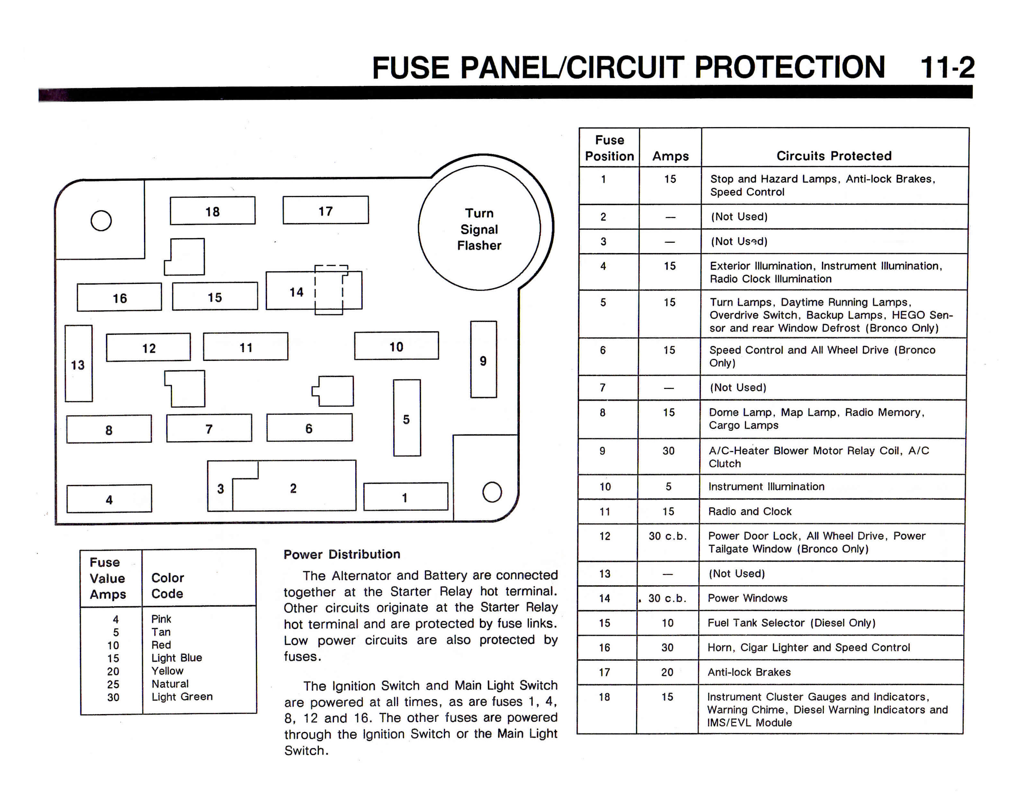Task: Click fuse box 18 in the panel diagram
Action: [x=213, y=211]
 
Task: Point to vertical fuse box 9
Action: [x=483, y=360]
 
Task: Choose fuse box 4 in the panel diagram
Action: [x=110, y=499]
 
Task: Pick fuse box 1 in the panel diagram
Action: [x=405, y=496]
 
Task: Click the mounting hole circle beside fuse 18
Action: [x=101, y=220]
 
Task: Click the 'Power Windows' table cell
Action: [x=748, y=598]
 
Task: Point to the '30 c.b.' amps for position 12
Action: [x=667, y=536]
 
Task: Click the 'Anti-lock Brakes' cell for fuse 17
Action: [x=749, y=672]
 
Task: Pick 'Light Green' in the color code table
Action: [x=182, y=696]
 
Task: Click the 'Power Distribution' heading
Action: [x=342, y=554]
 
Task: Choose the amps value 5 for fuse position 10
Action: [x=668, y=486]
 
